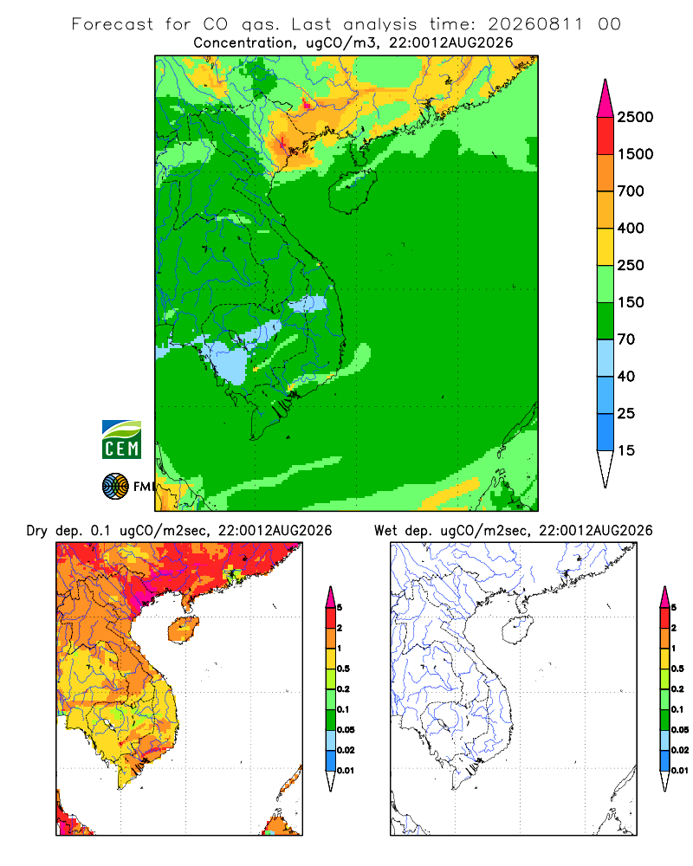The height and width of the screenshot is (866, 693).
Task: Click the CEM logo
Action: (x=121, y=439)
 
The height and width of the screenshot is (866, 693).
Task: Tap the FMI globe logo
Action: (x=115, y=486)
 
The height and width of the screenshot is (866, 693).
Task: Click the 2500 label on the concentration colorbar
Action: (x=635, y=117)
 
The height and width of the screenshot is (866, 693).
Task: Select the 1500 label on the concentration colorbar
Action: (x=635, y=154)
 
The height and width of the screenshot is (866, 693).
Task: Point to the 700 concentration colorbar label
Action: (x=631, y=191)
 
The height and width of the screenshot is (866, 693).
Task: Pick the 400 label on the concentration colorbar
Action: (x=631, y=228)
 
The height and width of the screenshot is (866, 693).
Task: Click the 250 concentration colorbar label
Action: (x=631, y=265)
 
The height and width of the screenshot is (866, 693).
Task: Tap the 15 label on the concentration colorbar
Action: (x=626, y=450)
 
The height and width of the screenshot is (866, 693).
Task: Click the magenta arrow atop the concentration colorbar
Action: (x=606, y=99)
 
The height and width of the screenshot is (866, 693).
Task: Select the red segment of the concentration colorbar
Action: (x=606, y=136)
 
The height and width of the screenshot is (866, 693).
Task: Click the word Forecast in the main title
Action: (x=113, y=24)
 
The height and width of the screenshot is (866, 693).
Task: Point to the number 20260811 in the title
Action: (x=535, y=24)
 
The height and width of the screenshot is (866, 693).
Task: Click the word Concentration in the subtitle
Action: (x=243, y=43)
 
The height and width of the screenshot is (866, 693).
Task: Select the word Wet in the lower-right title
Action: (x=385, y=531)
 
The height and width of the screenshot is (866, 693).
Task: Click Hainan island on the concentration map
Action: (x=353, y=191)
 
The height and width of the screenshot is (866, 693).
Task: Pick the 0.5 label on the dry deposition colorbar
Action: (x=343, y=669)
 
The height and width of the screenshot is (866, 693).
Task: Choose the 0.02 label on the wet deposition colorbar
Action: (x=680, y=750)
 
